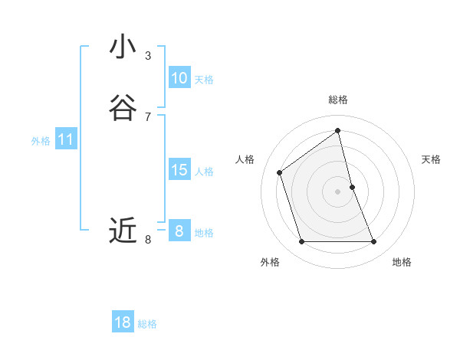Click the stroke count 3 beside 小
click(148, 56)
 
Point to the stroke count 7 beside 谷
click(148, 116)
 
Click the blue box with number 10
click(179, 78)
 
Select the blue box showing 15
click(179, 170)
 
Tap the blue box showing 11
click(66, 140)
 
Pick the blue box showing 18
click(123, 322)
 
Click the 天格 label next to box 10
click(204, 80)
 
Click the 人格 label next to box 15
click(204, 172)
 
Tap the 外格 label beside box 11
click(41, 141)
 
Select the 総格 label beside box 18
click(147, 324)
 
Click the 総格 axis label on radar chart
click(338, 100)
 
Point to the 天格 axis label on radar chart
click(431, 159)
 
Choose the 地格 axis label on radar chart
click(402, 262)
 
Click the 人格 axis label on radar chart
click(245, 159)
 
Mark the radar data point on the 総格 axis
click(338, 130)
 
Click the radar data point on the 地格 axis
click(374, 242)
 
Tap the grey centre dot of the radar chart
click(338, 191)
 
